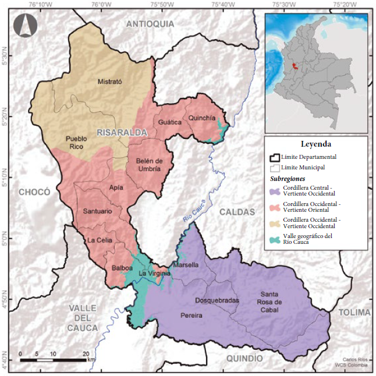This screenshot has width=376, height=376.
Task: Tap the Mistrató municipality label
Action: [x=109, y=82]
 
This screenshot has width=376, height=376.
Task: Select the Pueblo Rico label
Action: [x=76, y=143]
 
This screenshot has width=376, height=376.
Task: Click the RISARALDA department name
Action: [x=122, y=133]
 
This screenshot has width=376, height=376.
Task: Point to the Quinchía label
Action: [x=202, y=118]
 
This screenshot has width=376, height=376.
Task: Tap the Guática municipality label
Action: [x=169, y=122]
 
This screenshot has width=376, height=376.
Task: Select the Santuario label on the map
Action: [x=97, y=211]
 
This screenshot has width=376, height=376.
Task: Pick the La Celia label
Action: [x=99, y=240]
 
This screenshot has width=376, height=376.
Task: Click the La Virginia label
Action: [x=154, y=273]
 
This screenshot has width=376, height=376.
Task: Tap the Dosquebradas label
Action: [x=217, y=300]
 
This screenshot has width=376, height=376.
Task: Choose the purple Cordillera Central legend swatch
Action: [x=274, y=190]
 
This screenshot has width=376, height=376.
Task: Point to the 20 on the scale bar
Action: [x=86, y=353]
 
